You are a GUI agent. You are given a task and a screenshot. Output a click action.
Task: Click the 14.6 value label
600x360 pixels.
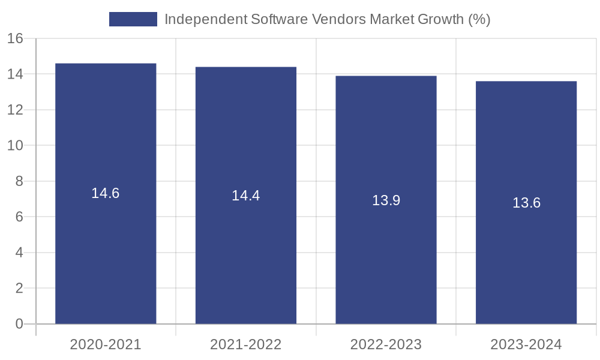pos(106,193)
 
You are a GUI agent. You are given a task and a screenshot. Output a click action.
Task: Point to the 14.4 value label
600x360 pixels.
pos(245,196)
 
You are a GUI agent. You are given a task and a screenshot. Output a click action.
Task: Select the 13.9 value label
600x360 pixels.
pos(386,200)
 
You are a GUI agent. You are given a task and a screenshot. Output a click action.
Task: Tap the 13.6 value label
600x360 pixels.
pos(526,203)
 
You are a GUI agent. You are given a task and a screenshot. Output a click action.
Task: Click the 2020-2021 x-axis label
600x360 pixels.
pos(106,344)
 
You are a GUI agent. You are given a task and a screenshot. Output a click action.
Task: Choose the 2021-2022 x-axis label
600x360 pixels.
pos(245,344)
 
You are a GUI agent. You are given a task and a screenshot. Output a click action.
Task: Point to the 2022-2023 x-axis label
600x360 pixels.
pos(386,344)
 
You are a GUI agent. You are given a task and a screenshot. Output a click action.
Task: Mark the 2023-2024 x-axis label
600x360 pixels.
pos(526,344)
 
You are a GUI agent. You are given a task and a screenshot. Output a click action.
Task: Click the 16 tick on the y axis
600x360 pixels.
pos(15,38)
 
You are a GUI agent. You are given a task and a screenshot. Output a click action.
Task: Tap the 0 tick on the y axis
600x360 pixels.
pos(19,324)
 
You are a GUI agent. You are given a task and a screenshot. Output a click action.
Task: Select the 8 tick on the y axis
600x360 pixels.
pos(19,181)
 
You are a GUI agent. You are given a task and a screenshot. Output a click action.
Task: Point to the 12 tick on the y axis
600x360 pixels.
pos(15,110)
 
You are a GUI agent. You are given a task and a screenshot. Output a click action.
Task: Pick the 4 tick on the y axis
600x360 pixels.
pos(19,253)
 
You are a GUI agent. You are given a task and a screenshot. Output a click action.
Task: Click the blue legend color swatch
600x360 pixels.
pos(133,19)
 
